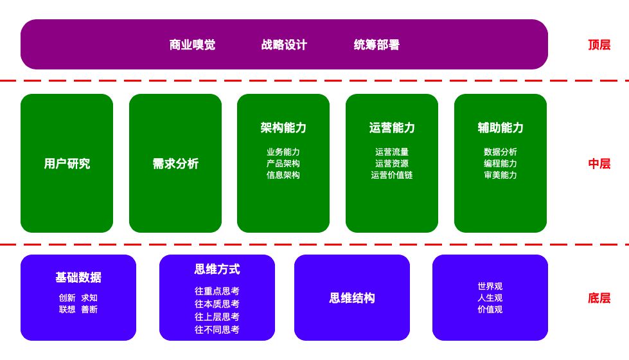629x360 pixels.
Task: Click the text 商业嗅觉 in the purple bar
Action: (192, 45)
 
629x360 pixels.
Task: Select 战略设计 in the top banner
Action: (284, 45)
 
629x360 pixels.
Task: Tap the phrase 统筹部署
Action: (377, 45)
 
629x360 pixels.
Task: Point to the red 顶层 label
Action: (599, 45)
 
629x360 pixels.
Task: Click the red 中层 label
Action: (599, 164)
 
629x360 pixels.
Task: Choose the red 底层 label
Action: (599, 298)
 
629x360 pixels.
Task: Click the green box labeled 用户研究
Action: (67, 164)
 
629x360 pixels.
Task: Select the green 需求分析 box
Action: (175, 164)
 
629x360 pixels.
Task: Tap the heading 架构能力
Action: (283, 128)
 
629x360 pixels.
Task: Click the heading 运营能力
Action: (392, 128)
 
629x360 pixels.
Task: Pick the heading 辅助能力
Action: (501, 128)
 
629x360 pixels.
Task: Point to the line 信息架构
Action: (283, 175)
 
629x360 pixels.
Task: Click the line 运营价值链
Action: (392, 175)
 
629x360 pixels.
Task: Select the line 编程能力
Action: (501, 163)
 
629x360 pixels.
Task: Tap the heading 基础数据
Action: (78, 278)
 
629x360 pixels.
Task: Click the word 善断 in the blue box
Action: (89, 309)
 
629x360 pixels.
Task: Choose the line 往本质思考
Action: (217, 304)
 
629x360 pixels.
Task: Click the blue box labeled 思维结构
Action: (352, 298)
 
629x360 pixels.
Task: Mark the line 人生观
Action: (490, 298)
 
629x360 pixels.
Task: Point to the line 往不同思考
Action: (217, 330)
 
